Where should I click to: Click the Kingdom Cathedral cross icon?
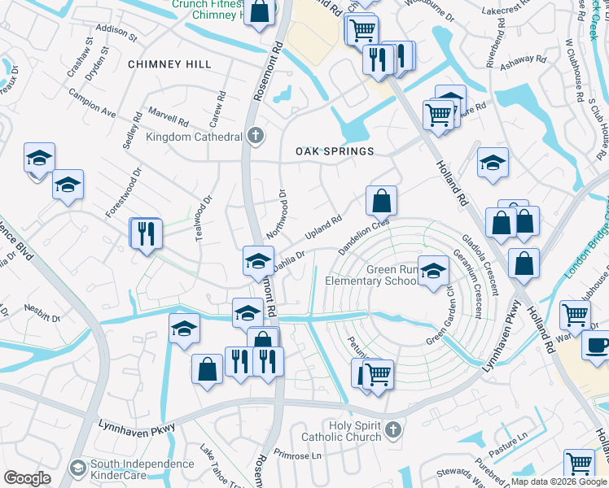[256, 135]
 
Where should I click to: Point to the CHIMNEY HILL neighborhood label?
[169, 64]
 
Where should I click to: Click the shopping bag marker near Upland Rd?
[381, 199]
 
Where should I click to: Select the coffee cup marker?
[596, 344]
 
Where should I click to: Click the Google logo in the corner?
[27, 477]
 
